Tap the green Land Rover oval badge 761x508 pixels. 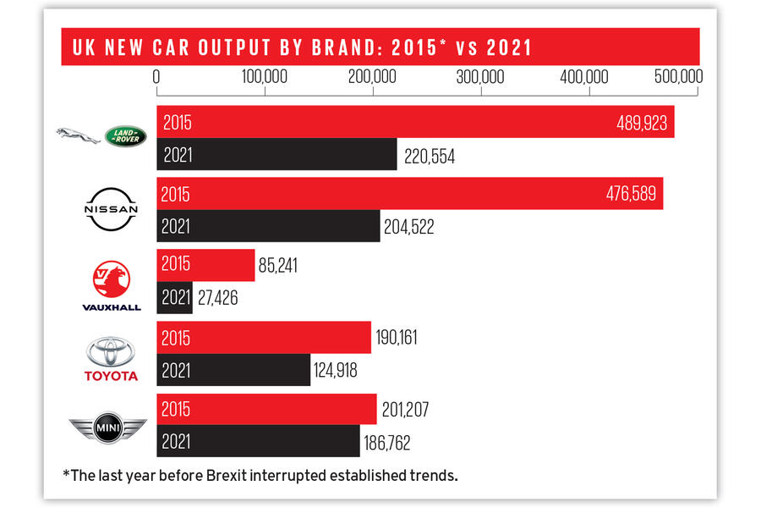pyautogui.click(x=125, y=135)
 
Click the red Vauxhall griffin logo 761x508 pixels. pyautogui.click(x=112, y=279)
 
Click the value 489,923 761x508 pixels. pyautogui.click(x=643, y=123)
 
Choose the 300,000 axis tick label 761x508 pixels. pyautogui.click(x=480, y=77)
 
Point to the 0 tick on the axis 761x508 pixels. pyautogui.click(x=157, y=77)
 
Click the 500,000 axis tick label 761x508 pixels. pyautogui.click(x=676, y=77)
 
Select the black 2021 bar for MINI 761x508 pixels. pyautogui.click(x=258, y=441)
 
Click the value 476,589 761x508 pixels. pyautogui.click(x=632, y=194)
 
